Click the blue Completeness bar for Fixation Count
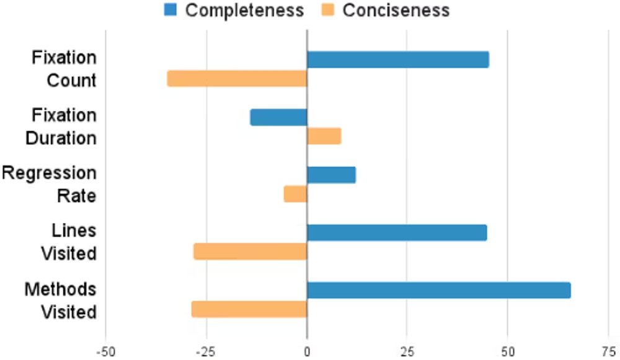click(397, 59)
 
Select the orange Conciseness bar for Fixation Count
click(237, 79)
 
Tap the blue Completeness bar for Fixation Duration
click(278, 117)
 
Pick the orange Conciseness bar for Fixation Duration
click(324, 136)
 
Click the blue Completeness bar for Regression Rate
click(331, 175)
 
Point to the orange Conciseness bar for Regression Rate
click(295, 194)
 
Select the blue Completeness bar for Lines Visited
click(397, 232)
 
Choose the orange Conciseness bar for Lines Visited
click(250, 252)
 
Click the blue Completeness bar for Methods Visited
click(438, 290)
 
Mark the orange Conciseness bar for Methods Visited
click(249, 309)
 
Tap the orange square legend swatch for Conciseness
click(327, 10)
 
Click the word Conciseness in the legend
click(396, 11)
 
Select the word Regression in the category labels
click(49, 173)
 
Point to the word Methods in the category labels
click(60, 289)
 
